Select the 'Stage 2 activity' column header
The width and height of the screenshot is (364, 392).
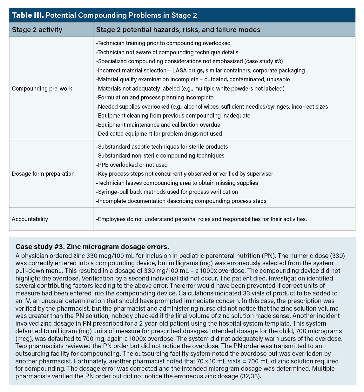point(37,30)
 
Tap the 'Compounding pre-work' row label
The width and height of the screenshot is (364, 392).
point(42,89)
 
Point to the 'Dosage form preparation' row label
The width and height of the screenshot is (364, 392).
point(43,174)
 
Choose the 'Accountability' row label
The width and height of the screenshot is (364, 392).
point(30,219)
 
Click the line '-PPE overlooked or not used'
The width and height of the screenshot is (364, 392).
point(132,165)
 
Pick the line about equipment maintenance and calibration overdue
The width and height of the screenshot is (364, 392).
point(158,125)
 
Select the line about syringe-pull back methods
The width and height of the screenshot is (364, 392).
point(167,192)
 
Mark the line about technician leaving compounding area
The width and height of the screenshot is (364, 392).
point(177,183)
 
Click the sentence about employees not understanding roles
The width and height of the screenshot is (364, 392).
point(201,219)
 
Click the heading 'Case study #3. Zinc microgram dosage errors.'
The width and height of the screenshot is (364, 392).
point(92,247)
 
